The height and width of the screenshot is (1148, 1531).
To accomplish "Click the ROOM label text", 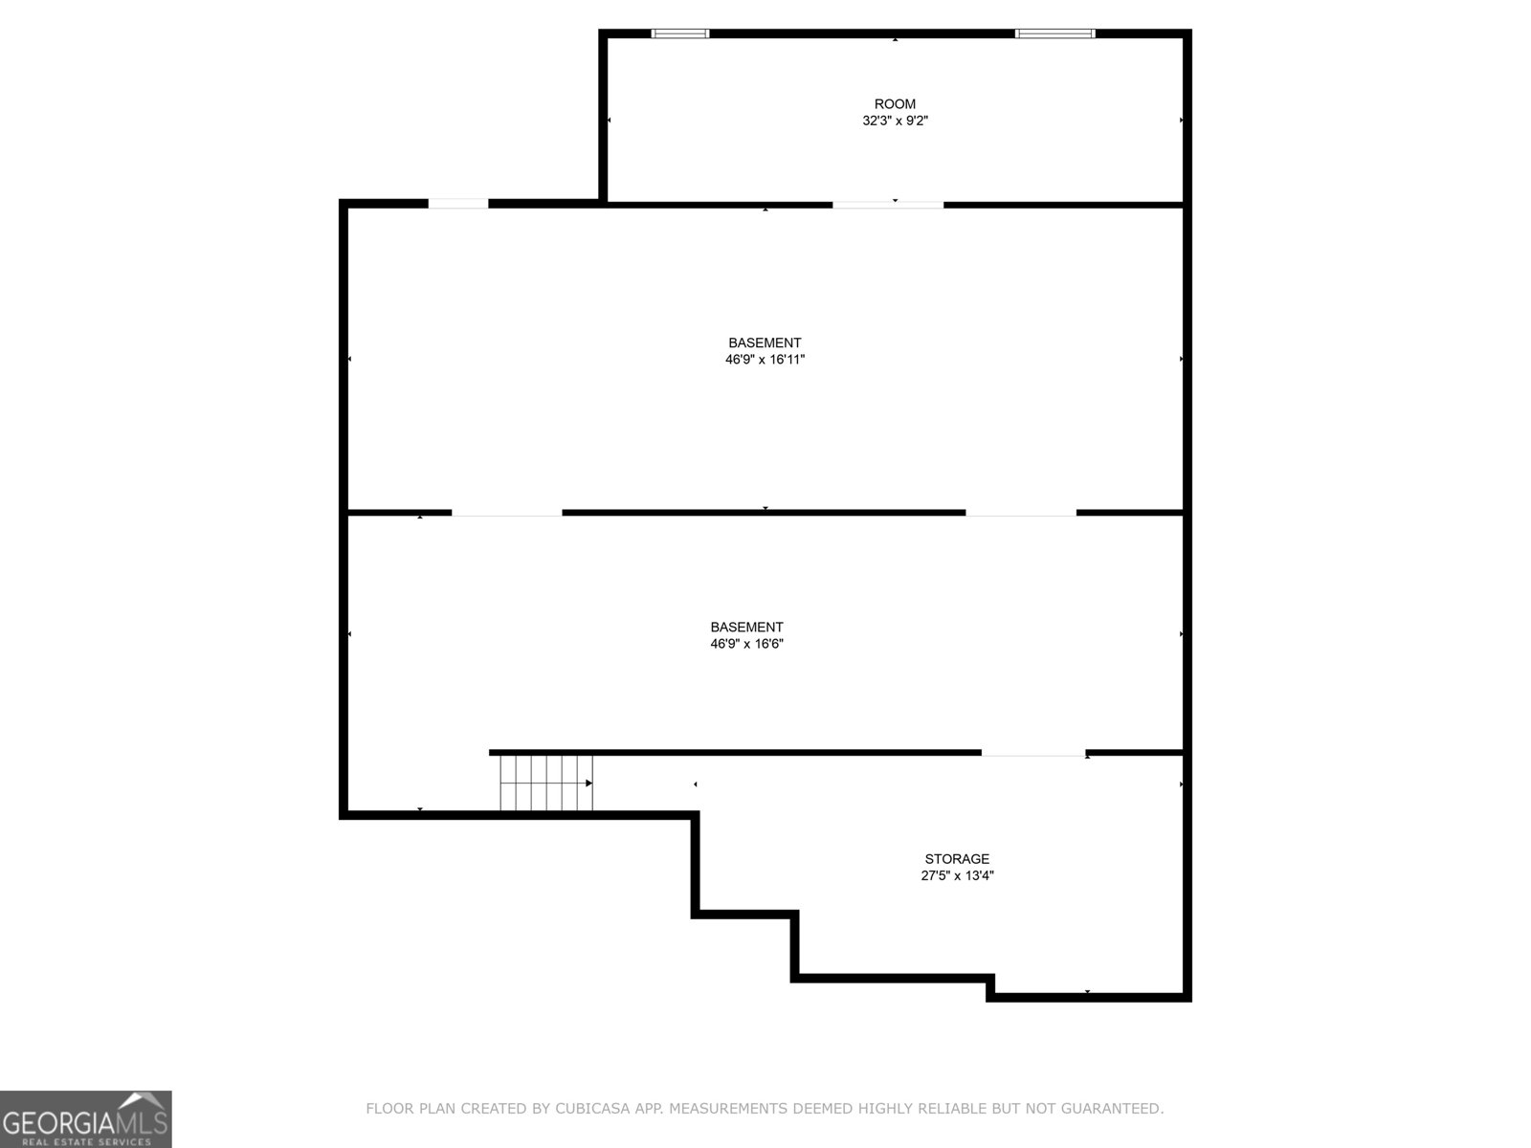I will coord(895,104).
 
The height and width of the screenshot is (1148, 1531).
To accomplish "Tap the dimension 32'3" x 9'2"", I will coord(895,121).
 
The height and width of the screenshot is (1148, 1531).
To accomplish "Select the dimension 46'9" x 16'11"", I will coord(765,360).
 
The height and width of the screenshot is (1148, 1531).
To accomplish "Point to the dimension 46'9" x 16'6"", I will coord(746,644).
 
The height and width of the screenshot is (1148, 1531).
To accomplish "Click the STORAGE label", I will coord(957,859).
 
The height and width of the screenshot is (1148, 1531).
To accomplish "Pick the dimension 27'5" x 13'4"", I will coord(957,875).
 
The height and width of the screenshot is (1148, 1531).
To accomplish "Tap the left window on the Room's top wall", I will coord(680,33).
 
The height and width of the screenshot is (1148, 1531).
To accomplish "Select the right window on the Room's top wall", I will coord(1054,33).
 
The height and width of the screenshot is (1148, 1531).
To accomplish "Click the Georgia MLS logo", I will coord(85,1118).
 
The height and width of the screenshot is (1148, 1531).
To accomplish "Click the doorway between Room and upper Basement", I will coord(887,205).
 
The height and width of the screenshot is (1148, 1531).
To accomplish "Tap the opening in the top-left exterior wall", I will coord(457,203).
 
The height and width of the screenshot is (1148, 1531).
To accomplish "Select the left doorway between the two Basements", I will coord(506,514).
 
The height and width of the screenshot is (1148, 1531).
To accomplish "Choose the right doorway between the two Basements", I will coord(1021,514).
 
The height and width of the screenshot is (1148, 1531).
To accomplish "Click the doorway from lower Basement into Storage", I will coord(1033,754).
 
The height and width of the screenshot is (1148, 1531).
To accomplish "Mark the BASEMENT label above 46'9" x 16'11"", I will coord(765,342).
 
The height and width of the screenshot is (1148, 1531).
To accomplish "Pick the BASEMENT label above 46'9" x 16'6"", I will coord(746,628).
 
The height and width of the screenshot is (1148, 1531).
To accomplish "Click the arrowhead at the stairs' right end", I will coord(588,784).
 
